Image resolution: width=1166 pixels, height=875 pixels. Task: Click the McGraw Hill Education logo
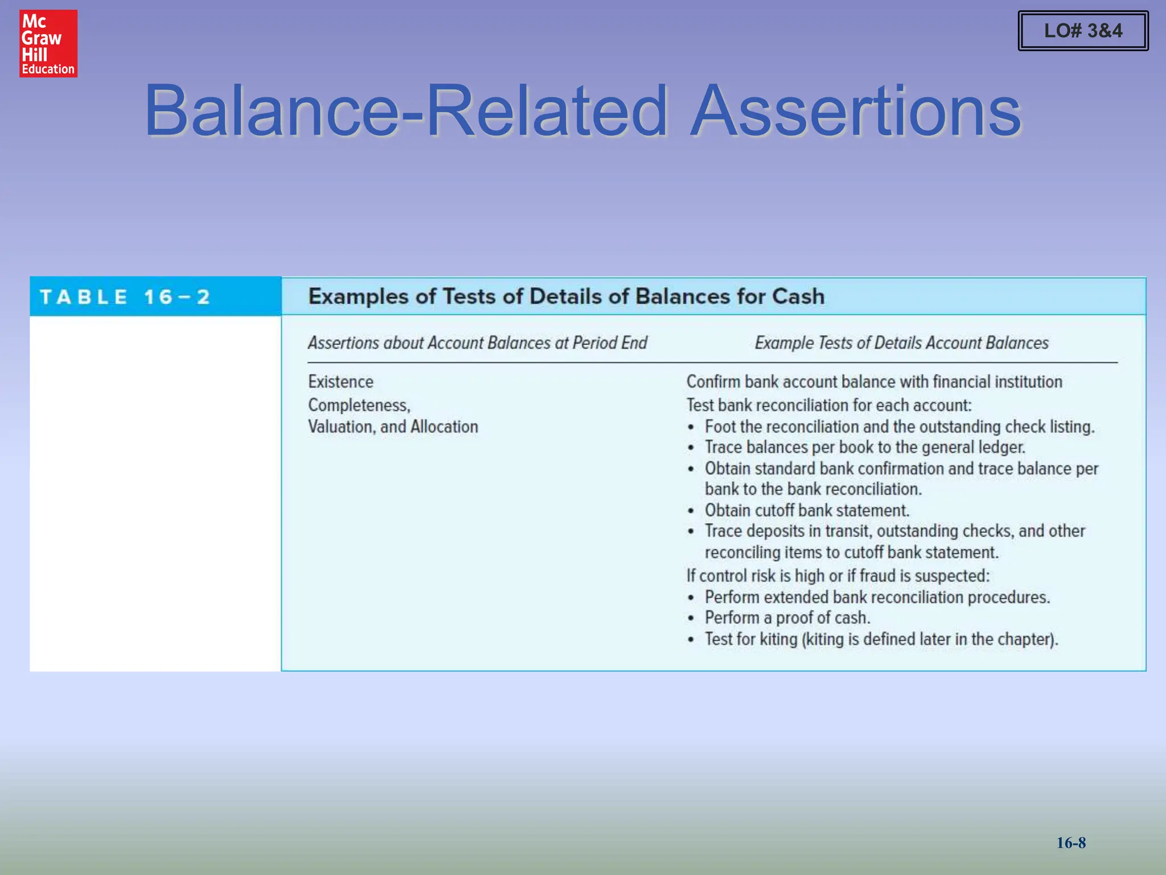pyautogui.click(x=48, y=43)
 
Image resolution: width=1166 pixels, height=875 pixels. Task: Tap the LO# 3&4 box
pyautogui.click(x=1083, y=31)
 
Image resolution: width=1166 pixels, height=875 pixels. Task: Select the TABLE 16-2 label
pyautogui.click(x=125, y=297)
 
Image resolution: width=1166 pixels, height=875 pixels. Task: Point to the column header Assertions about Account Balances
pyautogui.click(x=477, y=343)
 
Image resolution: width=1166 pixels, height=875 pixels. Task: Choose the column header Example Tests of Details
pyautogui.click(x=901, y=343)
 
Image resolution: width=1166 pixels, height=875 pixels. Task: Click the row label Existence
pyautogui.click(x=340, y=382)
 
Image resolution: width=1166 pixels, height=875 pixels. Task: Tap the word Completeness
pyautogui.click(x=359, y=405)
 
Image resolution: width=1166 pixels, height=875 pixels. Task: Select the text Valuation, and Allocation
pyautogui.click(x=393, y=427)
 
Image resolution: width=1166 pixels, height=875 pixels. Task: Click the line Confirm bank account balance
pyautogui.click(x=874, y=382)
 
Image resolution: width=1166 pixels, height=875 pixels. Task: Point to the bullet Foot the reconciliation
pyautogui.click(x=900, y=427)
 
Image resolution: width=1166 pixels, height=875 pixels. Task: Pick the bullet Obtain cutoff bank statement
pyautogui.click(x=807, y=510)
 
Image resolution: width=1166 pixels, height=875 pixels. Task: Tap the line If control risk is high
pyautogui.click(x=837, y=576)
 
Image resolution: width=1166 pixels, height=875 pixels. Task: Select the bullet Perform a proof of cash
pyautogui.click(x=787, y=618)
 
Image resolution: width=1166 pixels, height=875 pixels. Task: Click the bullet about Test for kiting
pyautogui.click(x=881, y=639)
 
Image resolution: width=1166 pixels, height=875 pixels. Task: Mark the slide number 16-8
pyautogui.click(x=1071, y=843)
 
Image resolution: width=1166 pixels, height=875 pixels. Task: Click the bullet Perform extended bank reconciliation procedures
pyautogui.click(x=877, y=597)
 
